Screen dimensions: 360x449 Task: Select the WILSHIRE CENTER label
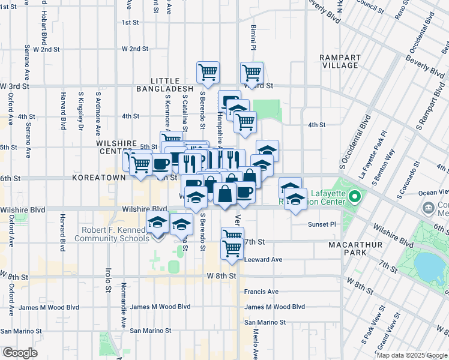(118, 148)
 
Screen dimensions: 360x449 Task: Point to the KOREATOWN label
(99, 178)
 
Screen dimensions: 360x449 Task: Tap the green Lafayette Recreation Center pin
(355, 196)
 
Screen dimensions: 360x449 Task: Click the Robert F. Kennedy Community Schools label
(112, 234)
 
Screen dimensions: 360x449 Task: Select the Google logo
(20, 353)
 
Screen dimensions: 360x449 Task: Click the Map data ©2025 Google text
(412, 355)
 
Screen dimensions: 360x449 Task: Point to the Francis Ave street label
(261, 292)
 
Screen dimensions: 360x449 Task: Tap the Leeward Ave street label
(263, 260)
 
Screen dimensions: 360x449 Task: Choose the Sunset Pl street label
(319, 224)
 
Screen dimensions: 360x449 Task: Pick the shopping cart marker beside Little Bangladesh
(208, 73)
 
